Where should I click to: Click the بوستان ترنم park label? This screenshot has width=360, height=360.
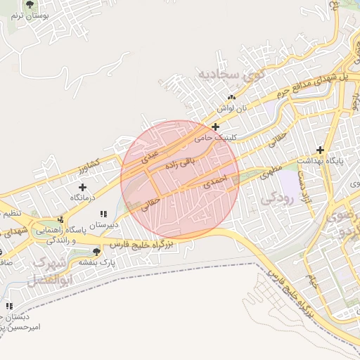[x=29, y=15]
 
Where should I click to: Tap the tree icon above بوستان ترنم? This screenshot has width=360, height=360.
[x=29, y=4]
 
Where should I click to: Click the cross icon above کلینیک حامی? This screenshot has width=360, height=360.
[x=215, y=127]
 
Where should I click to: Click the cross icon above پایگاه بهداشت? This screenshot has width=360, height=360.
[x=320, y=149]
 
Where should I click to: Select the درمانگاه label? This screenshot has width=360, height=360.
[x=83, y=198]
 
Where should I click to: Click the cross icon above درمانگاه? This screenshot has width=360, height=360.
[x=83, y=187]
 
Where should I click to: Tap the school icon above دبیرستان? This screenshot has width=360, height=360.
[x=103, y=214]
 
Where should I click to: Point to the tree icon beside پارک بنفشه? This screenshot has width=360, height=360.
[x=96, y=251]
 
